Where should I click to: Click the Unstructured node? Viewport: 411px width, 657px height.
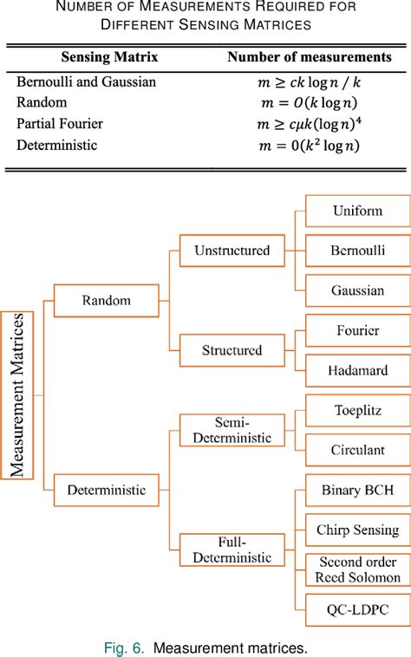tap(232, 250)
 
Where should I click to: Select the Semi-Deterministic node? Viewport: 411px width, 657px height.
tap(232, 430)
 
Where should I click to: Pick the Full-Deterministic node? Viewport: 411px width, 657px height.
tap(232, 550)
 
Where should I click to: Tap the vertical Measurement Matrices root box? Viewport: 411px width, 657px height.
tap(17, 395)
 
